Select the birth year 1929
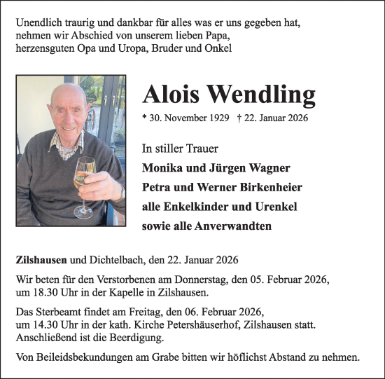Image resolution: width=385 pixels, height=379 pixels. pyautogui.click(x=215, y=118)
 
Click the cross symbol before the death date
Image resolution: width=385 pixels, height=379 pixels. pyautogui.click(x=241, y=118)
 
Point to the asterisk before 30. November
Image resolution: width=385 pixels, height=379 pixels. pyautogui.click(x=144, y=119)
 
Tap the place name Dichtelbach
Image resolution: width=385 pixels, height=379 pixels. pyautogui.click(x=113, y=261)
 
